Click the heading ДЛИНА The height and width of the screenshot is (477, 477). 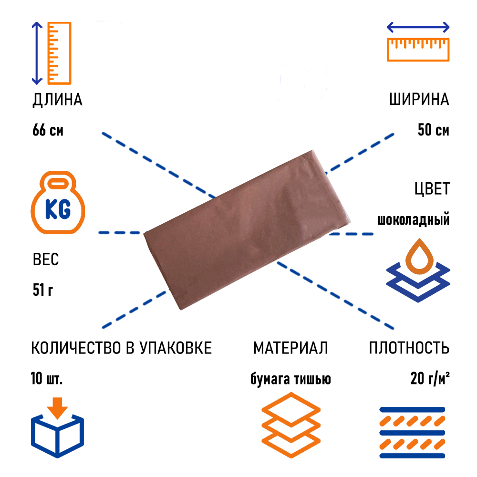(58, 100)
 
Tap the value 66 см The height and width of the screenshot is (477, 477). (48, 130)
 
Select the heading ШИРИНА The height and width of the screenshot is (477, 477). (419, 99)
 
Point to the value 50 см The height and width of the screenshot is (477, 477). (433, 130)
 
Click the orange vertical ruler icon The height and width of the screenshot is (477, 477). (59, 53)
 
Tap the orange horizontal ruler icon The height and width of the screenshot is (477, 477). (418, 50)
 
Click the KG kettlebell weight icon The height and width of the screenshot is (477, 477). (58, 203)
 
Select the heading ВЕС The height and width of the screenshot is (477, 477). (46, 259)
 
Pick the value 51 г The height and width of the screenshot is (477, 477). (43, 290)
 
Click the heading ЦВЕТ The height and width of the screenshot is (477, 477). (432, 188)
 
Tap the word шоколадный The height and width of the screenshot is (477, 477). (414, 219)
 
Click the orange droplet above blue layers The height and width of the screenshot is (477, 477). (419, 256)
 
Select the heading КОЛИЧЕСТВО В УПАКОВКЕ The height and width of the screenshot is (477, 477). (121, 348)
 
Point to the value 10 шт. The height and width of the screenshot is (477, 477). (47, 378)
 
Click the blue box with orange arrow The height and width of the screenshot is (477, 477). (58, 427)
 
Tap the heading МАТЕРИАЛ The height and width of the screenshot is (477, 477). (290, 348)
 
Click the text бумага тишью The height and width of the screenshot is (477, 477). (290, 379)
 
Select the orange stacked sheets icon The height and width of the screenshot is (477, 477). (291, 425)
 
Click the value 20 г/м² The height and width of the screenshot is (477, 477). (430, 378)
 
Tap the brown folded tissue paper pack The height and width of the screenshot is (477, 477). (247, 230)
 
